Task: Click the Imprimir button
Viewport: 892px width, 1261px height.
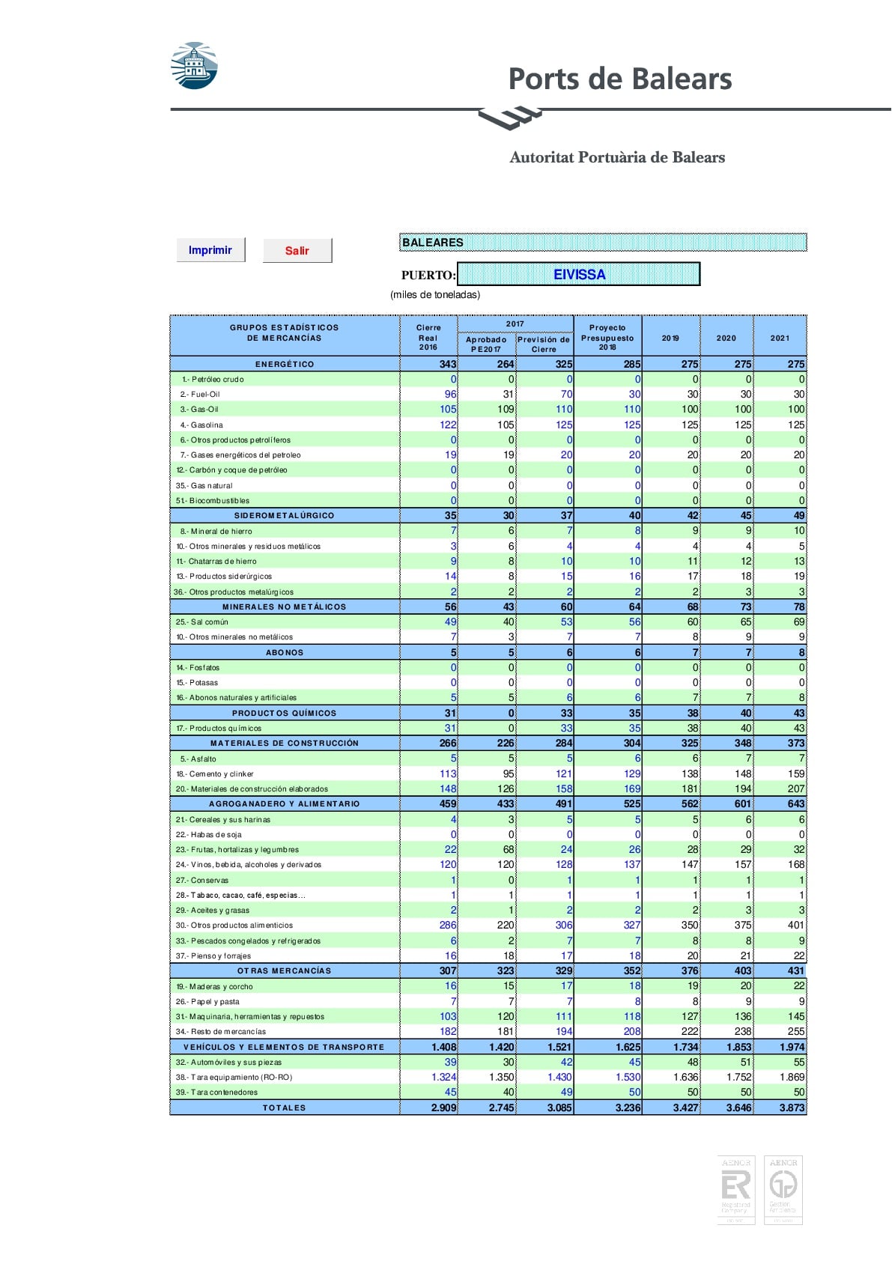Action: point(210,250)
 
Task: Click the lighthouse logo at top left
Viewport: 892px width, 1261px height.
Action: point(194,66)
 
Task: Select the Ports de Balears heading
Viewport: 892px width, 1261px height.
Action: point(619,79)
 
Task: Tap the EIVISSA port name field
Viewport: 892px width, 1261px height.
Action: point(578,274)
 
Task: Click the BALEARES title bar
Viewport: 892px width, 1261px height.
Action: point(602,242)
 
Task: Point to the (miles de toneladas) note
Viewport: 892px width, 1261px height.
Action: point(435,294)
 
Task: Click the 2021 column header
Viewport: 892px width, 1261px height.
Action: point(780,338)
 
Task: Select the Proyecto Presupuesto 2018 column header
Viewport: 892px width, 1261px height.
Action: point(607,337)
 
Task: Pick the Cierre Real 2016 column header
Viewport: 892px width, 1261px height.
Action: point(428,337)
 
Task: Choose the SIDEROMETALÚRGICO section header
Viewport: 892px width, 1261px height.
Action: point(285,515)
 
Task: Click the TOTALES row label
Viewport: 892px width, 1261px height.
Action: point(285,1107)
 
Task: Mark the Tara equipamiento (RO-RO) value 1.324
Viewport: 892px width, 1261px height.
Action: point(444,1077)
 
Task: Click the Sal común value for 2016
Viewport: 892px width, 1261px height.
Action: point(450,622)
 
